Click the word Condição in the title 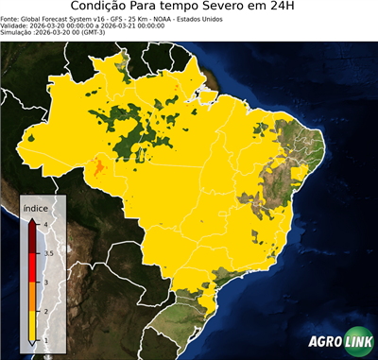pos(103,9)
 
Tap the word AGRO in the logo pos(325,341)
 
